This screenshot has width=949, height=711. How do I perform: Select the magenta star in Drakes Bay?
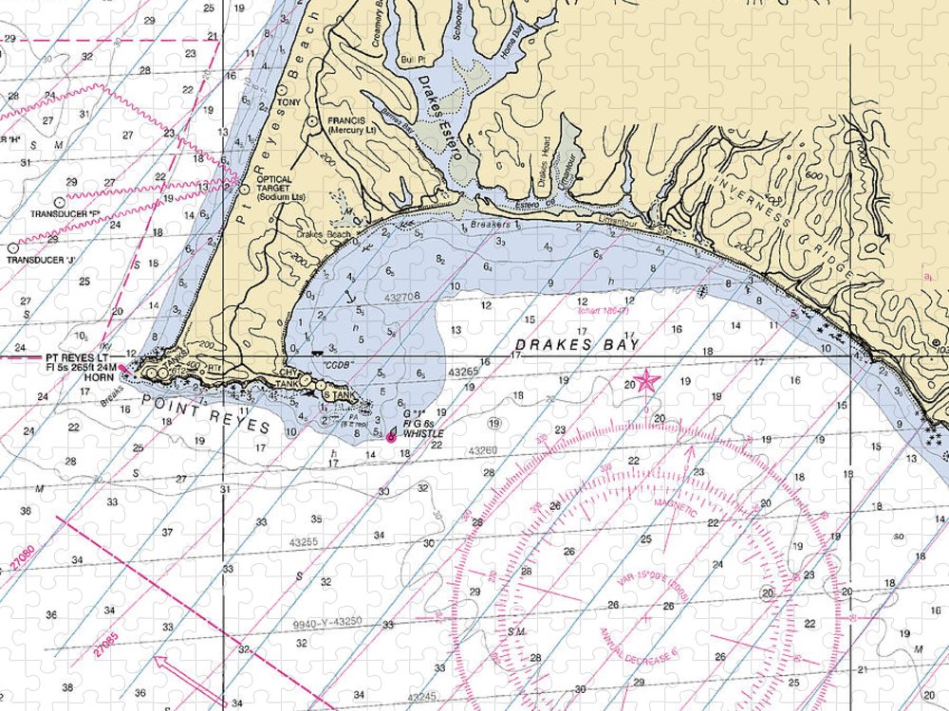(x=646, y=381)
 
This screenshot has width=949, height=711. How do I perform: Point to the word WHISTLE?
(x=423, y=433)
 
